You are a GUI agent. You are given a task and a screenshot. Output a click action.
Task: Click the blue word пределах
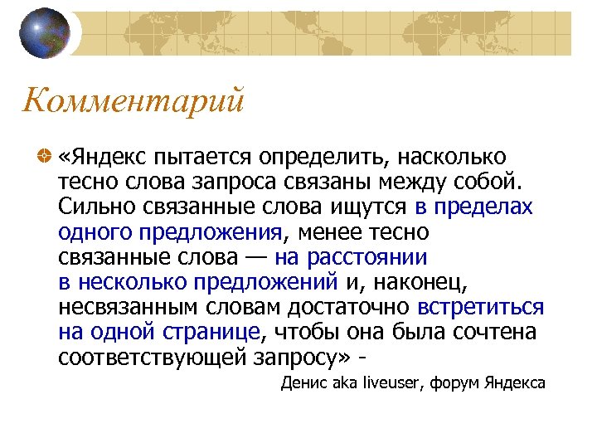(483, 207)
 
